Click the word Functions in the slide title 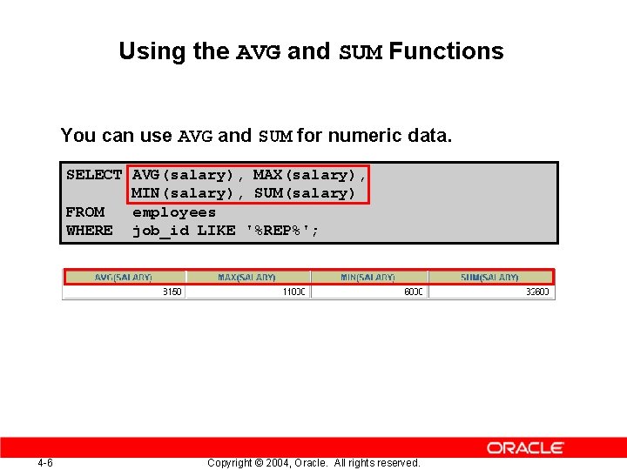pos(446,51)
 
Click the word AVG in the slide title pos(259,52)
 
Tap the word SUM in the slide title pos(360,52)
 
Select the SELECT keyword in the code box pos(93,175)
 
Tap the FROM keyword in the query pos(84,212)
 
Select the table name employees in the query pos(173,212)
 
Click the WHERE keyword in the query pos(89,231)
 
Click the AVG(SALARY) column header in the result pos(123,278)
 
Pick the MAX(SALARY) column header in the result pos(246,278)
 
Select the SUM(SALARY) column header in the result pos(489,278)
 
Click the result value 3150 pos(172,292)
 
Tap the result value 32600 pos(537,292)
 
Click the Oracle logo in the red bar pos(525,447)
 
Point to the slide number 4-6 pos(45,463)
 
